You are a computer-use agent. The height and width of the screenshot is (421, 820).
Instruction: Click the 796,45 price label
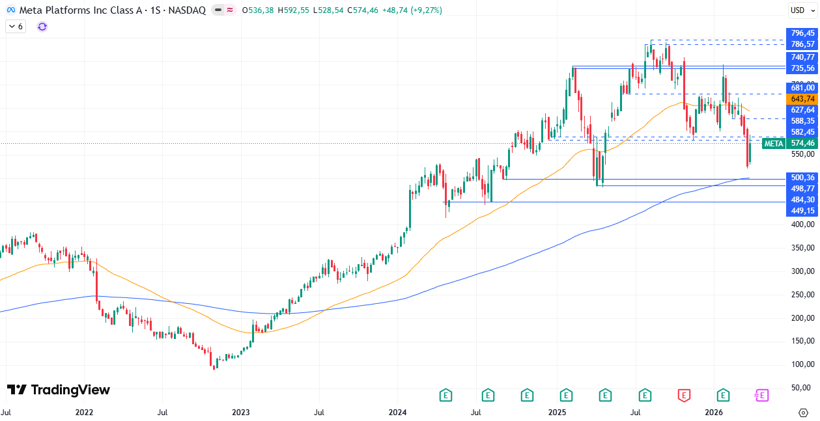(x=802, y=33)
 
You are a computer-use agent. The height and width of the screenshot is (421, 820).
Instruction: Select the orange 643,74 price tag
(x=802, y=99)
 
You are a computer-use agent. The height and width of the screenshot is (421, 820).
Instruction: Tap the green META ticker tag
(x=773, y=144)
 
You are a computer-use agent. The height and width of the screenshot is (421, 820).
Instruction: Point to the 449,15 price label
(x=802, y=211)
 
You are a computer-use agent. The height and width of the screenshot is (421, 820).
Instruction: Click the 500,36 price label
(x=802, y=178)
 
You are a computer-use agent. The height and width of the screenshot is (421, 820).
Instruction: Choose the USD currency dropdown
(x=799, y=10)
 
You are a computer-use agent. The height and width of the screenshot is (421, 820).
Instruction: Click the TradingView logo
(x=59, y=390)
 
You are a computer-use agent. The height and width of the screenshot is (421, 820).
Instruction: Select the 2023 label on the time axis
(x=241, y=413)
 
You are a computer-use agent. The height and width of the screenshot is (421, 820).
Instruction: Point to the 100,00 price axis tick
(x=802, y=364)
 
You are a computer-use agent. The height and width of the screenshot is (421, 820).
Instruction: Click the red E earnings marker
(x=683, y=394)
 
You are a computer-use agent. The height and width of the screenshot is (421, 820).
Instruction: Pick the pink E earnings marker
(x=761, y=394)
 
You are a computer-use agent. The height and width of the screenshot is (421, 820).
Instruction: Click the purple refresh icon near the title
(x=42, y=27)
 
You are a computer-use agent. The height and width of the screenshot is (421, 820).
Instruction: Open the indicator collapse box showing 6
(x=16, y=27)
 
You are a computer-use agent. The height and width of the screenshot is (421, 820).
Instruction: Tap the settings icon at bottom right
(x=803, y=413)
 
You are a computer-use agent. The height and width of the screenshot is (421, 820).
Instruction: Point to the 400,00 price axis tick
(x=802, y=224)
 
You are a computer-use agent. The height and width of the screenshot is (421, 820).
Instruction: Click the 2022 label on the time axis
(x=84, y=413)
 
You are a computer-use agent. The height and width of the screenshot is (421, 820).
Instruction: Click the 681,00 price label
(x=802, y=88)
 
